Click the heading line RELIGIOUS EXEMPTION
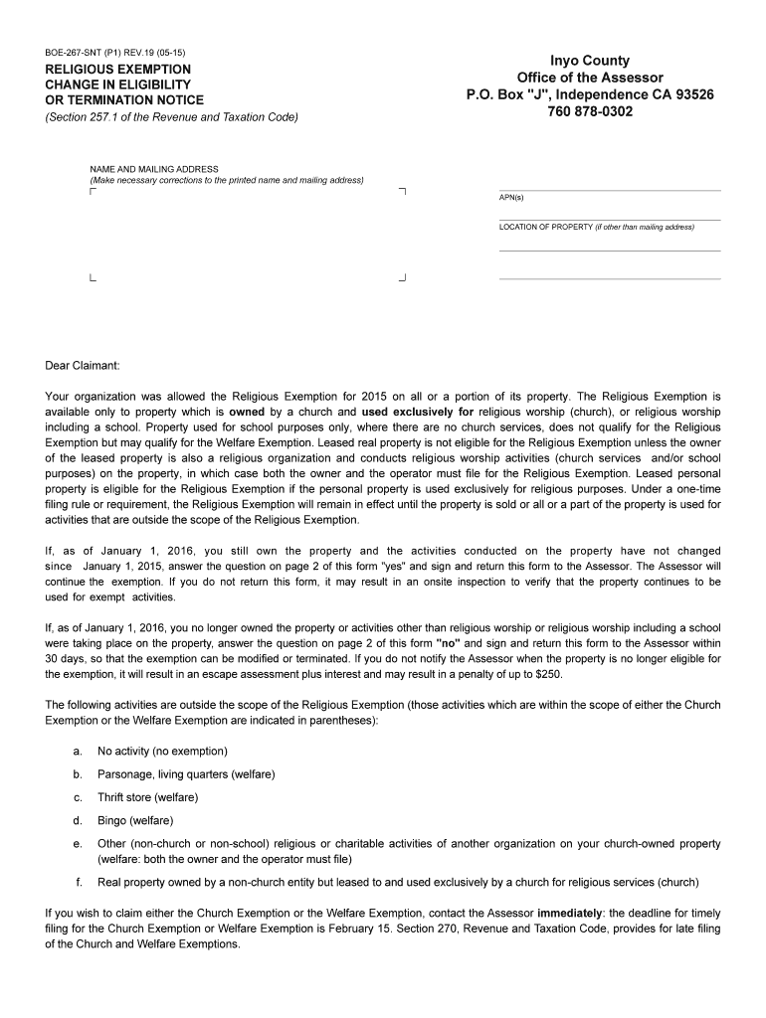(117, 69)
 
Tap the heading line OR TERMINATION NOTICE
(124, 100)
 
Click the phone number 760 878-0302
(590, 112)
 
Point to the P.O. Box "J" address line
(590, 95)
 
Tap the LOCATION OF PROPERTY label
(545, 228)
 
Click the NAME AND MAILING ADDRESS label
(154, 169)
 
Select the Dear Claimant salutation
(82, 365)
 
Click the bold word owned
(248, 411)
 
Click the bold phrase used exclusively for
(418, 411)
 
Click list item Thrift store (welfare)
(147, 797)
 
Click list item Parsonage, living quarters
(186, 773)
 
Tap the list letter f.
(79, 883)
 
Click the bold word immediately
(570, 913)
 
